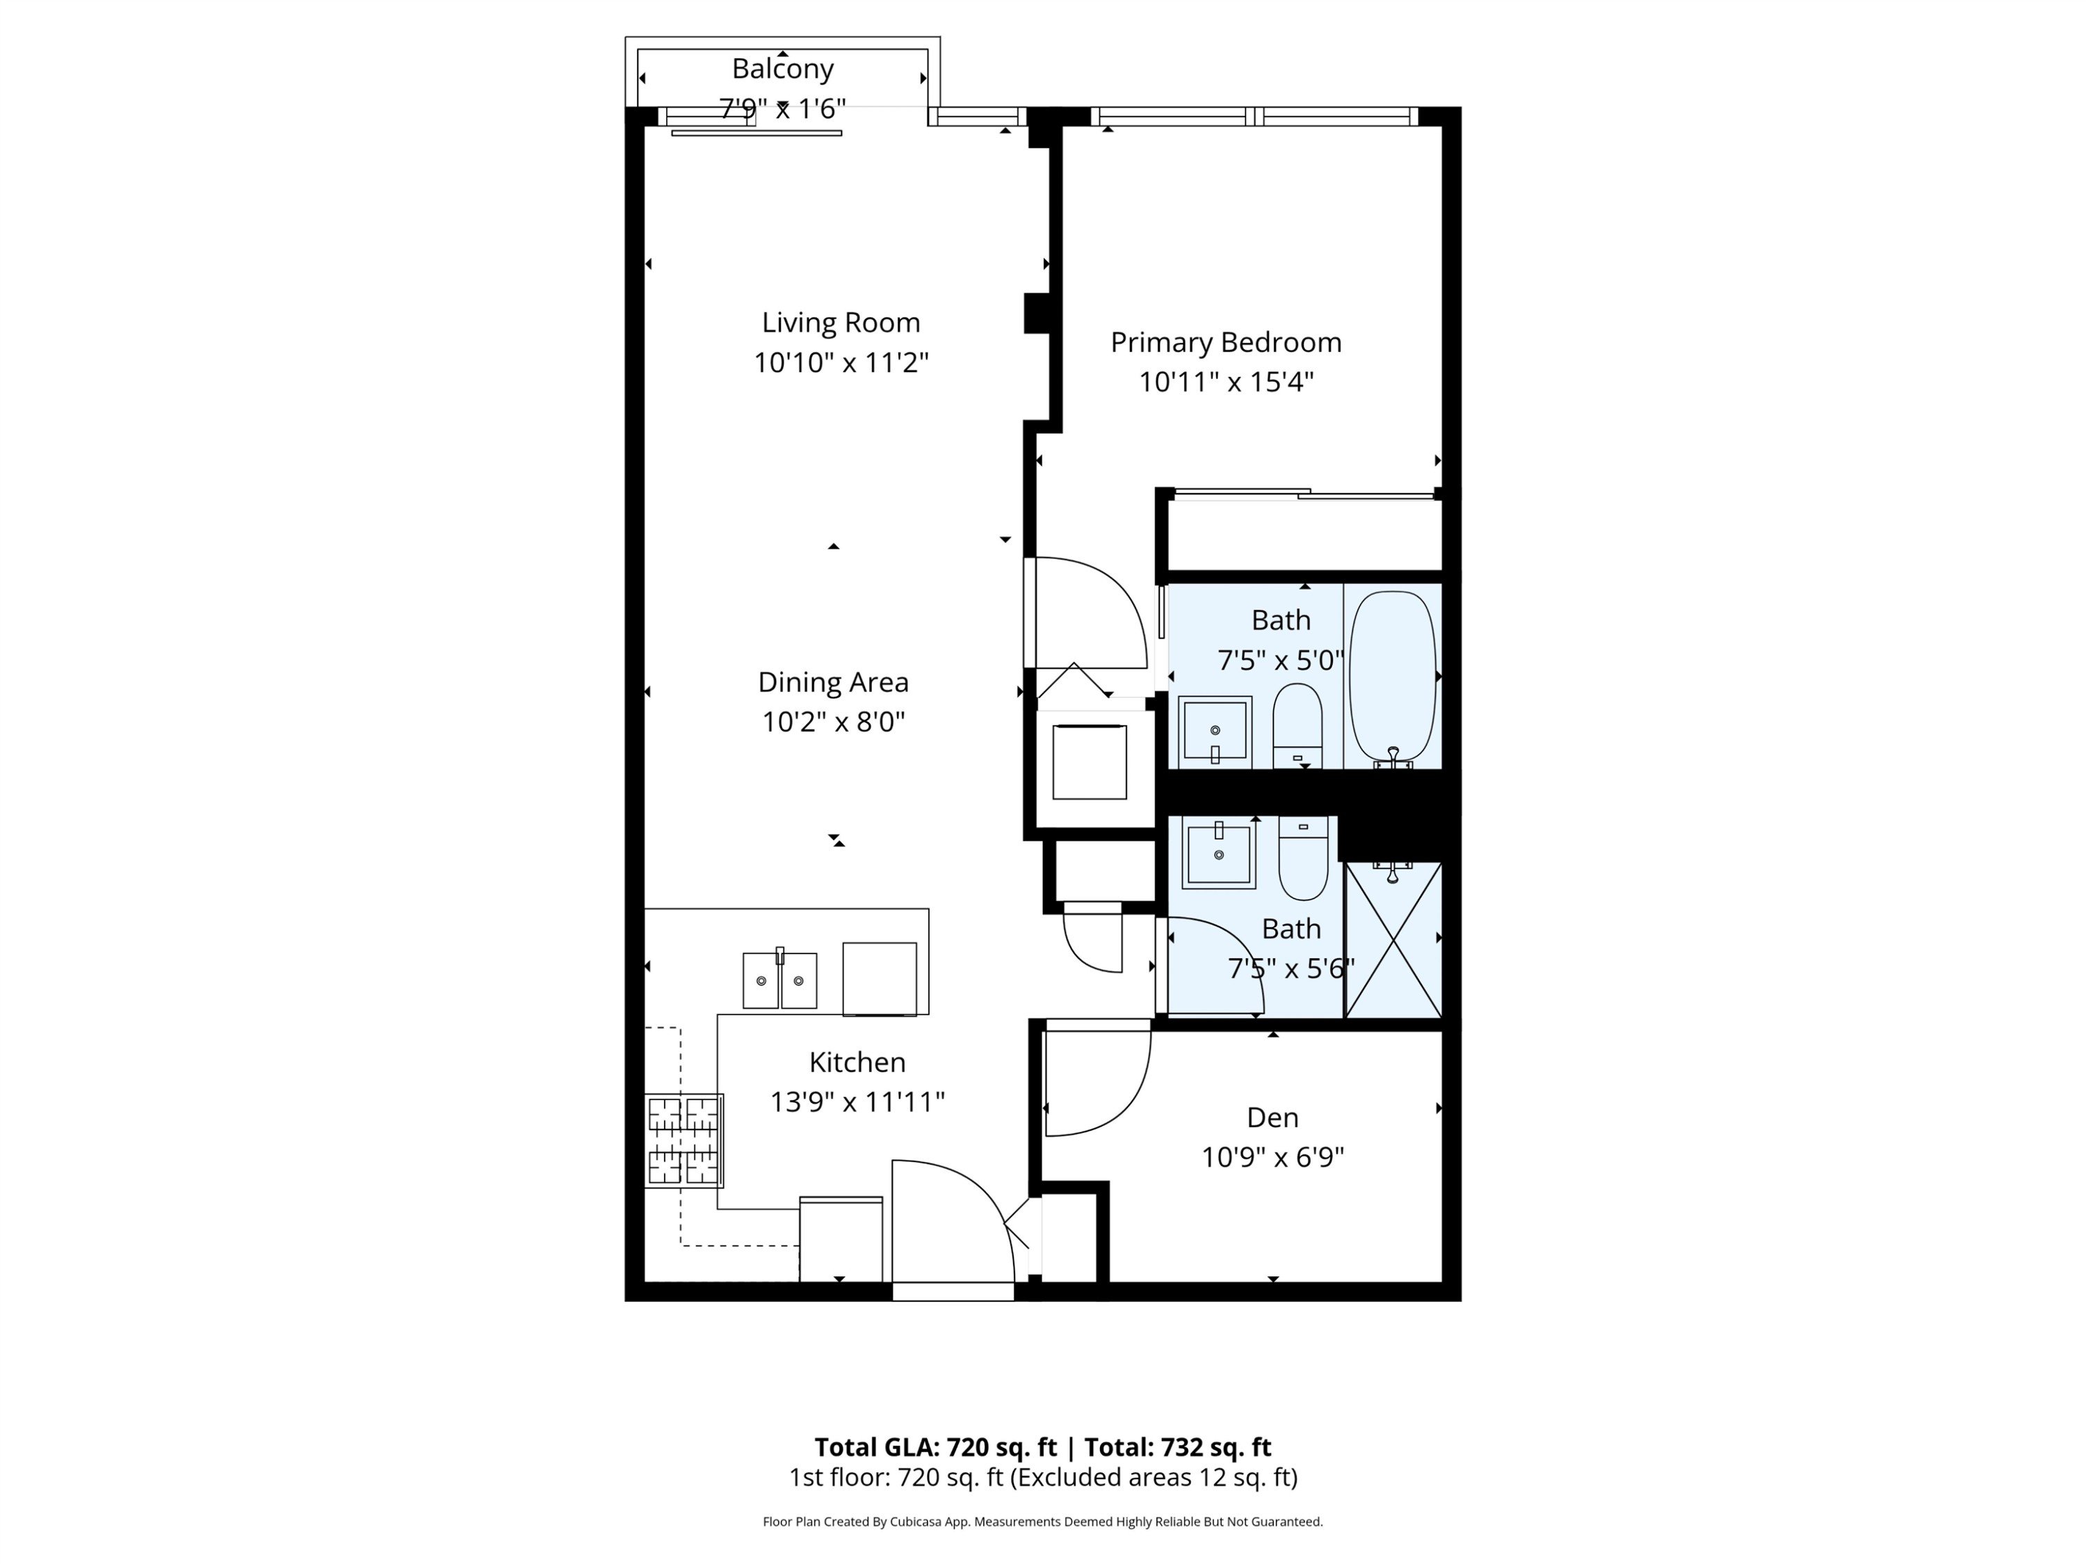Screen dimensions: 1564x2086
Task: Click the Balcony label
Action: pos(783,69)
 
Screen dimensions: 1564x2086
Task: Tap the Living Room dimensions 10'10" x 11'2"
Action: pos(841,363)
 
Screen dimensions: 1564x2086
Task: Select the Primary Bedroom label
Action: pos(1225,342)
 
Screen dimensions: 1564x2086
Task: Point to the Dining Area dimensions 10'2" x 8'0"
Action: pos(833,723)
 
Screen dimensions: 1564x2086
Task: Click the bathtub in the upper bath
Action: pos(1392,675)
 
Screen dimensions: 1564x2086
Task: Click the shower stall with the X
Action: pos(1393,940)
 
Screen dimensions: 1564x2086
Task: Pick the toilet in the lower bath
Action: pos(1303,858)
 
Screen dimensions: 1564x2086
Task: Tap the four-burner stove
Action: pos(684,1140)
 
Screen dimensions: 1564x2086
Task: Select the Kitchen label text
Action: pos(857,1062)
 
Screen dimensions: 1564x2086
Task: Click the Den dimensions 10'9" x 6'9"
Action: pos(1272,1157)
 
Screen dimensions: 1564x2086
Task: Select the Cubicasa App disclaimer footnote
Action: pos(1042,1522)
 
